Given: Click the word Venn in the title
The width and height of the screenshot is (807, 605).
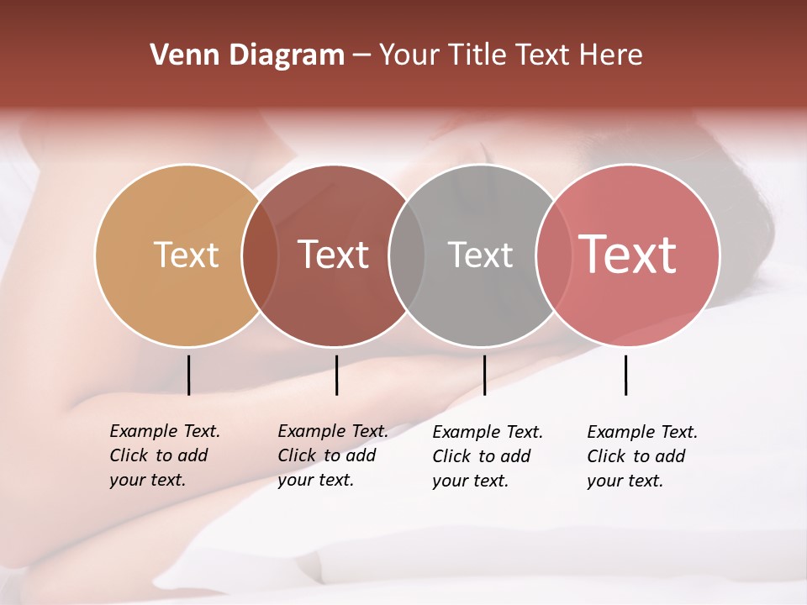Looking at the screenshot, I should [x=183, y=55].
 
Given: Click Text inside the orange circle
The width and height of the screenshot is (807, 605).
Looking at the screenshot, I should [x=186, y=255].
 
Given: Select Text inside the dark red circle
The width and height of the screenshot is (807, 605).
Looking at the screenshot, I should [x=333, y=255].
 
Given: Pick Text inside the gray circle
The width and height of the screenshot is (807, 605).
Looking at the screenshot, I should [x=480, y=255].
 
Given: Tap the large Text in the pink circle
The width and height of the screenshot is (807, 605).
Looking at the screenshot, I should [x=627, y=254].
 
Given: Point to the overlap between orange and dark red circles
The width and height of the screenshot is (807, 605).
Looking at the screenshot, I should [x=260, y=255].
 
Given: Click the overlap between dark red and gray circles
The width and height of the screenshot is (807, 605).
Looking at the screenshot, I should [x=407, y=255].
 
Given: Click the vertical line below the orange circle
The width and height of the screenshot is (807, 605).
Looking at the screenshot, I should [x=188, y=375].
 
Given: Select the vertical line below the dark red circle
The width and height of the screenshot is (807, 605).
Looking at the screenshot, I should [x=336, y=375].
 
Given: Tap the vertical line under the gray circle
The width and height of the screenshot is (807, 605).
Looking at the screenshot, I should [x=484, y=375].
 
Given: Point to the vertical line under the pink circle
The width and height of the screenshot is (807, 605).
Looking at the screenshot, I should [x=625, y=375].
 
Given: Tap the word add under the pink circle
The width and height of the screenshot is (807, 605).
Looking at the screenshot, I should [x=670, y=456].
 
